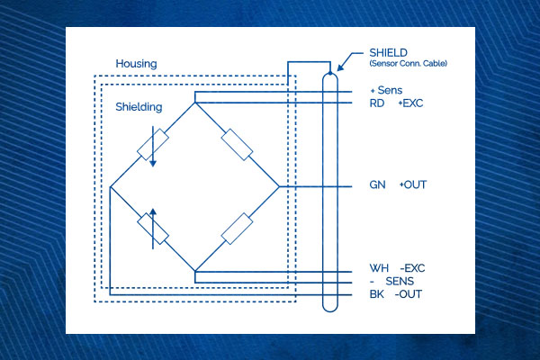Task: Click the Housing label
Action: [x=136, y=64]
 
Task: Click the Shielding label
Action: [x=139, y=107]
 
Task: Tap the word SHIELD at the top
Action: [x=388, y=53]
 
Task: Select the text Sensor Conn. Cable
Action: [x=408, y=63]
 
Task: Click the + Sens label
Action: [x=386, y=90]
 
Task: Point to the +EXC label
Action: [x=410, y=103]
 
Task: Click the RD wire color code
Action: [x=377, y=103]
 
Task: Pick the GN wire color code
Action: [x=377, y=185]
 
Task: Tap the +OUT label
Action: [x=413, y=185]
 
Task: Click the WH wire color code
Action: [x=379, y=268]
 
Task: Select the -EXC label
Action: [x=412, y=268]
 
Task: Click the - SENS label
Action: [x=391, y=281]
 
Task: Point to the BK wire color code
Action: [x=376, y=294]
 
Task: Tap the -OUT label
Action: [x=409, y=294]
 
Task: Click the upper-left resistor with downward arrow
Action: [x=153, y=145]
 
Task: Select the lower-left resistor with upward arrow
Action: [x=153, y=229]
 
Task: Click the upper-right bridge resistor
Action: [x=237, y=145]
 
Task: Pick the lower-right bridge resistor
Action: [x=237, y=229]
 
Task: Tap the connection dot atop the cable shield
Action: [x=330, y=73]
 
